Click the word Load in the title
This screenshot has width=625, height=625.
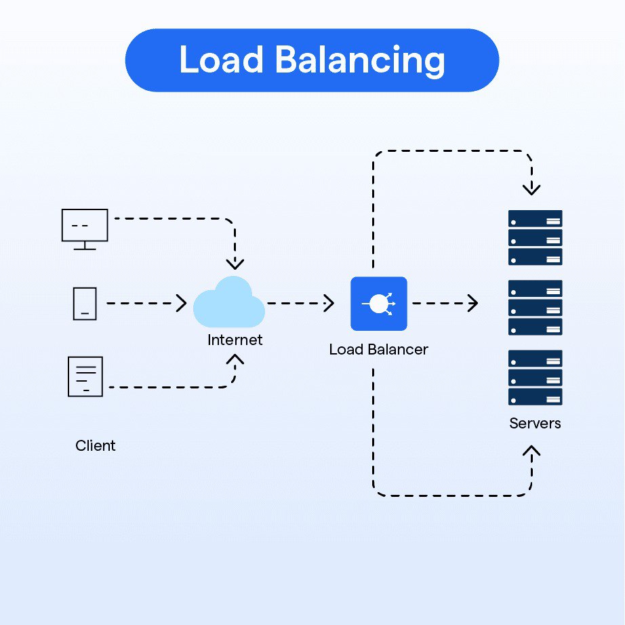(x=220, y=60)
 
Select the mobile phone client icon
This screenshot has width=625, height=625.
(x=85, y=304)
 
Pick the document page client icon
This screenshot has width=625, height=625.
(x=85, y=376)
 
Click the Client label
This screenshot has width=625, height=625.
(x=96, y=445)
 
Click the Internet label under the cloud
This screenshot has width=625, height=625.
(x=235, y=340)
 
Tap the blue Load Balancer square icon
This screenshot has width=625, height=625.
(x=378, y=304)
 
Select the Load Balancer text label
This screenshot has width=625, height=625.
(x=378, y=350)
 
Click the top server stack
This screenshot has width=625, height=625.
(x=535, y=237)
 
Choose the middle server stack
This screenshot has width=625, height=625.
(x=535, y=308)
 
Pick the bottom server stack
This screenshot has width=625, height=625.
(x=535, y=378)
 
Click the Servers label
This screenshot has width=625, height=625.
(x=535, y=424)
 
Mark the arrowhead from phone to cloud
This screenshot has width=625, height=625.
(x=182, y=304)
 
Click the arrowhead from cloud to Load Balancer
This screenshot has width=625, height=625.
(x=330, y=304)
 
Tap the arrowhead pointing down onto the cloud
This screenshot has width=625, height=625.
(x=235, y=264)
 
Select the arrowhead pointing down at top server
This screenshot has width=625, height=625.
(x=532, y=188)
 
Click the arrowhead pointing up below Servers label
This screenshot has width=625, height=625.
(x=532, y=451)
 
